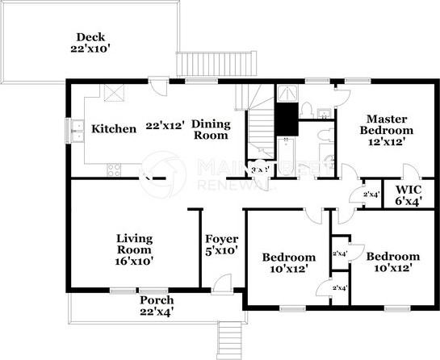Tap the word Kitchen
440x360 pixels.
[x=113, y=129]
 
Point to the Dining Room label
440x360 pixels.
[x=211, y=130]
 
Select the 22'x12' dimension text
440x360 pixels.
[x=166, y=126]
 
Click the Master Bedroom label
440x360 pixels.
[x=386, y=129]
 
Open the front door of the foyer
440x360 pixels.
[x=222, y=283]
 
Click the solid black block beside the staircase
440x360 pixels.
[x=285, y=119]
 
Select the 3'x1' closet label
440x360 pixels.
[x=260, y=170]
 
